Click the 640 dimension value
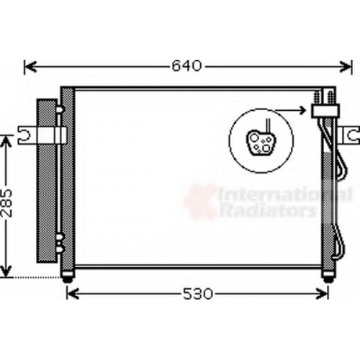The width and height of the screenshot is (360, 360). point(186,66)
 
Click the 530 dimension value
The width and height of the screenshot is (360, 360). point(198,294)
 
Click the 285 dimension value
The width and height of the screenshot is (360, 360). point(6,203)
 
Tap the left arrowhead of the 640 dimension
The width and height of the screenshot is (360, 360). point(30,66)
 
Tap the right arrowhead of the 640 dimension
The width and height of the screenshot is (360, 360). point(346,66)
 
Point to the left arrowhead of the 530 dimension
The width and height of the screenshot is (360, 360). point(73,293)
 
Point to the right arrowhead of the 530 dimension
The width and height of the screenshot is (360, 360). point(322,293)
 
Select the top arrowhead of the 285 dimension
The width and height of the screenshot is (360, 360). point(6,141)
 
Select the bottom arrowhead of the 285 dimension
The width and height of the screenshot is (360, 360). point(6,271)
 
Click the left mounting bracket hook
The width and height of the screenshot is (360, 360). point(24,135)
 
